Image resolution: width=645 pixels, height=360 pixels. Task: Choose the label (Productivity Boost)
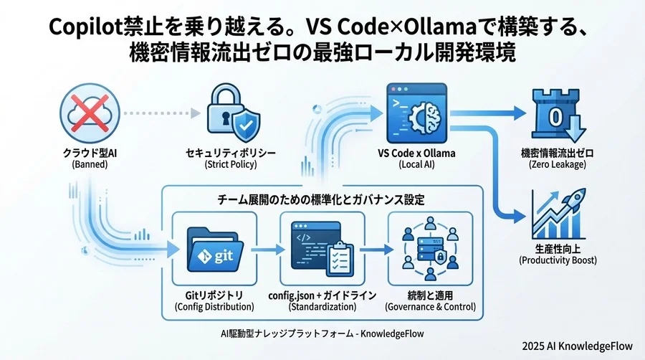557,260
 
